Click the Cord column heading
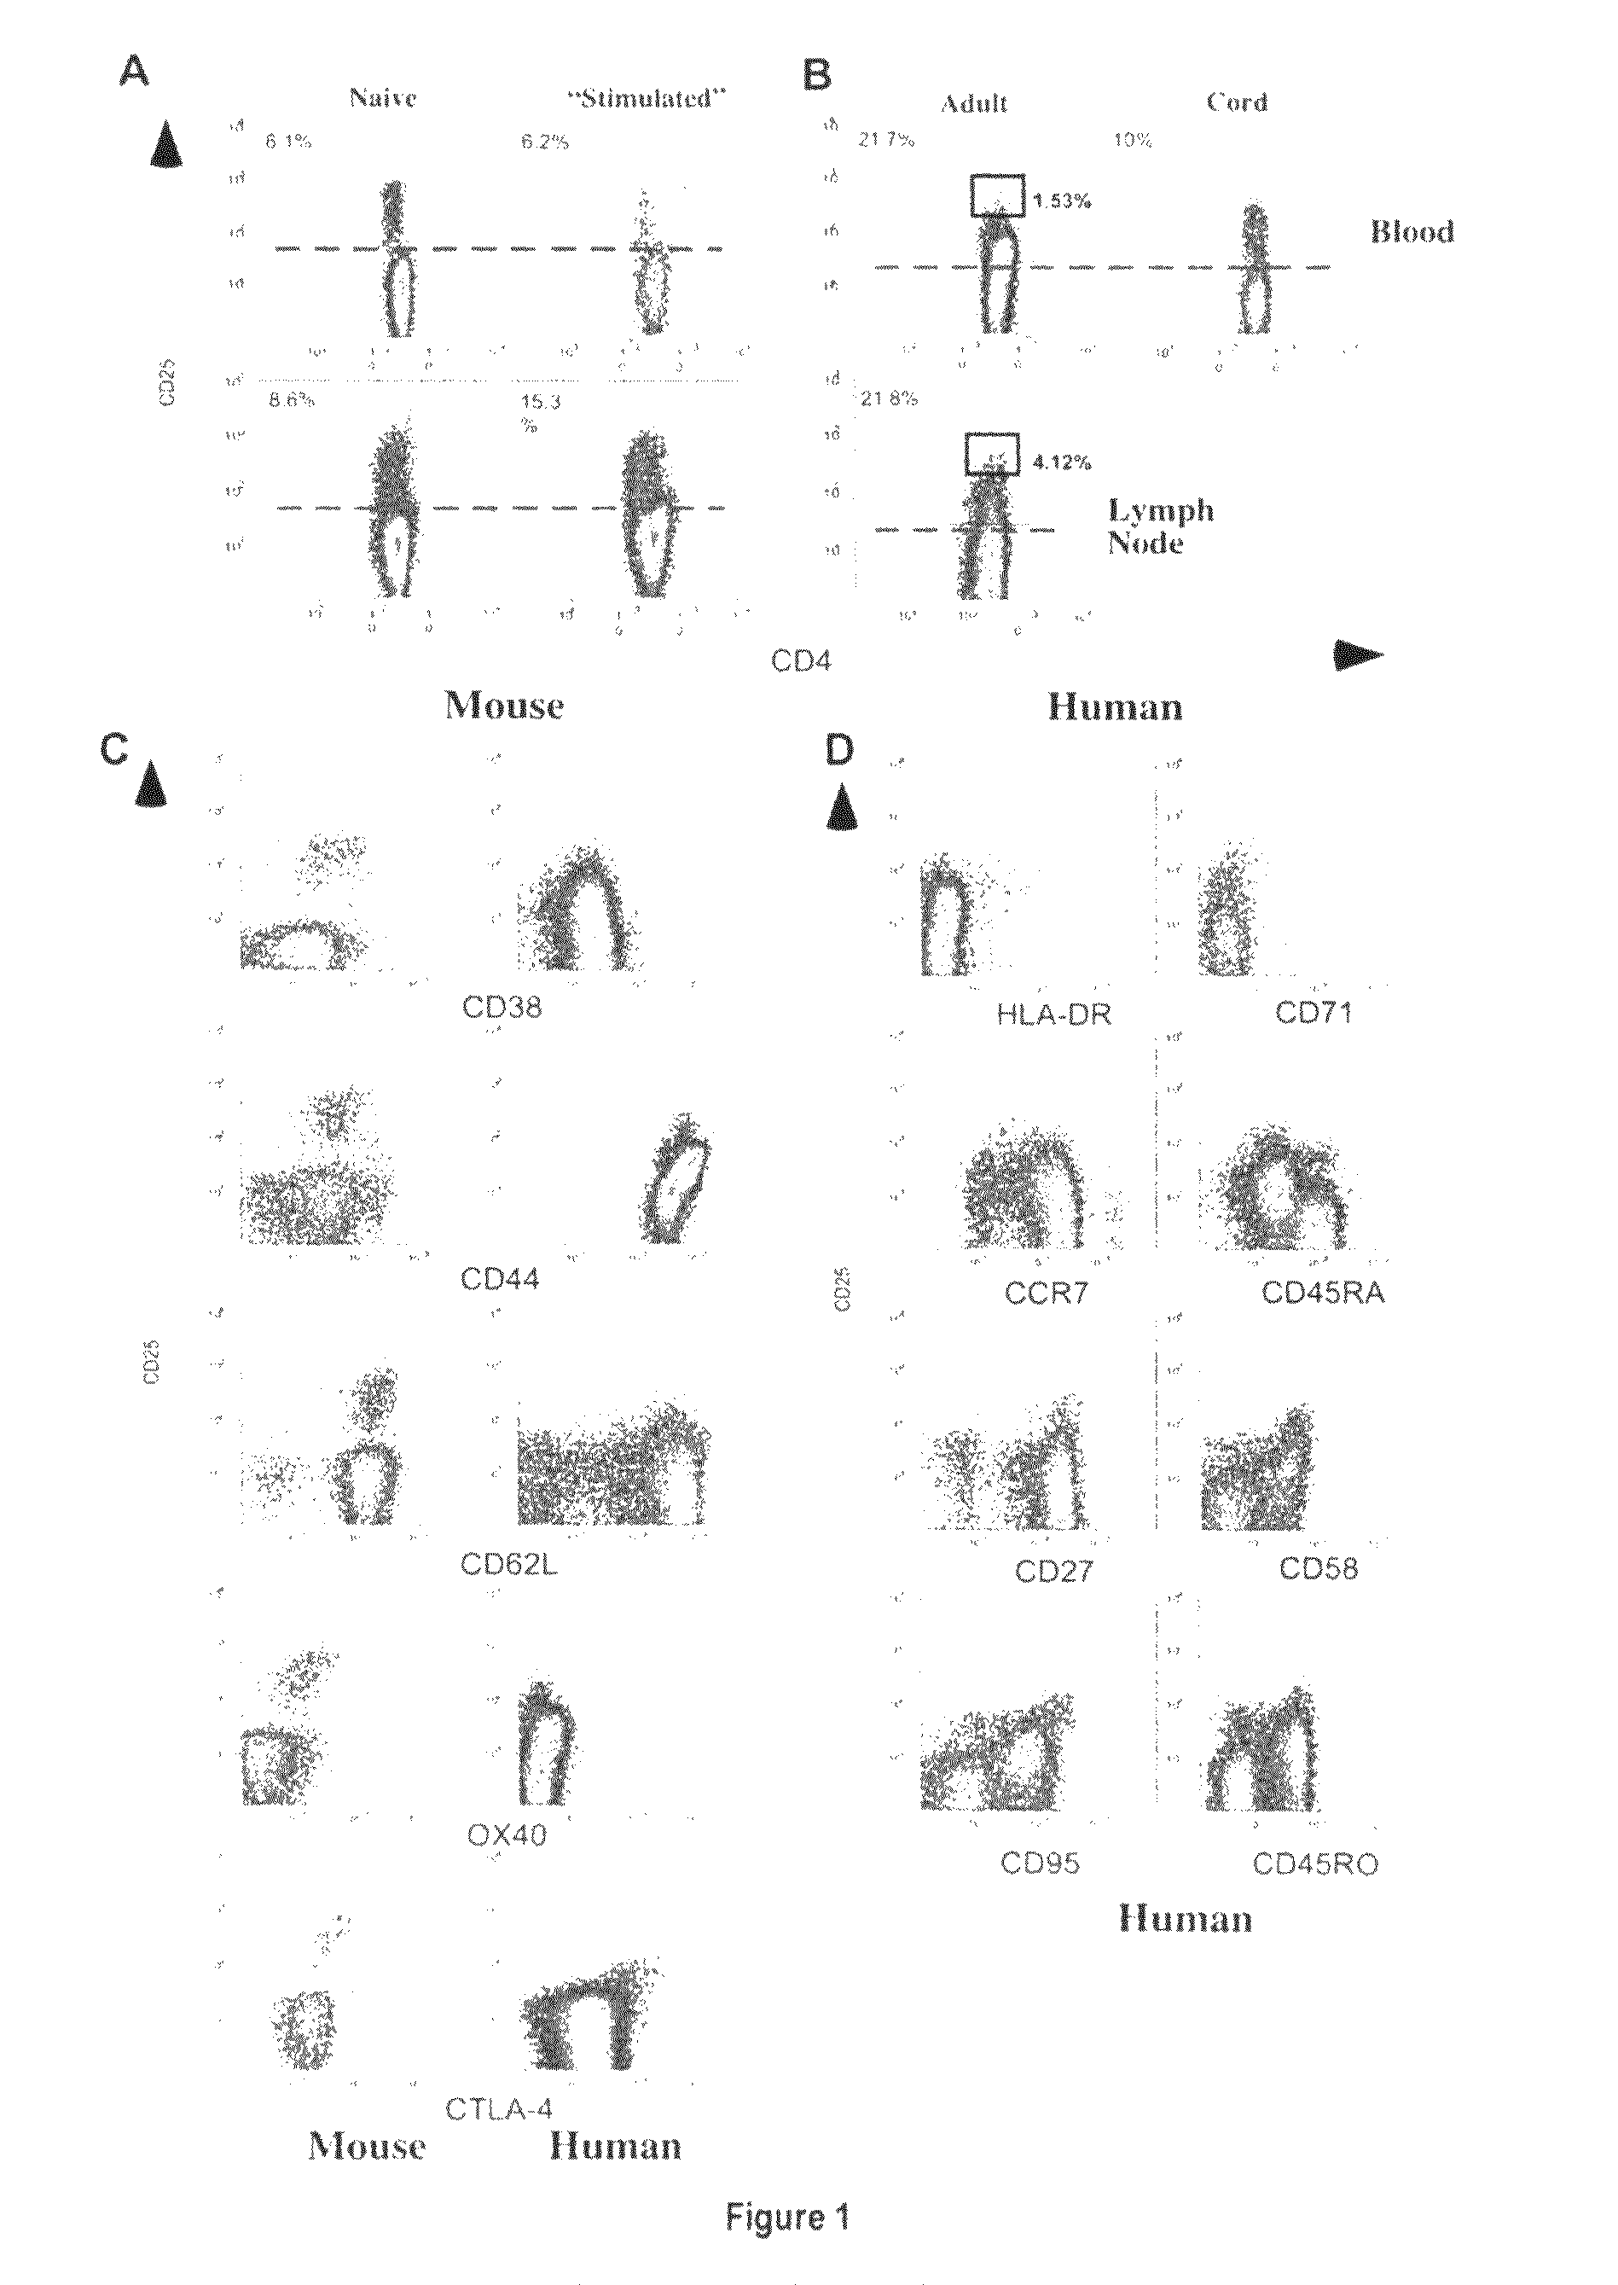1237,102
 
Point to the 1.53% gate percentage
1061,201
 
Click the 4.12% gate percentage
1061,462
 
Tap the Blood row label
1412,232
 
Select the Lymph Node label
1161,527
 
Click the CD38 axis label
502,1008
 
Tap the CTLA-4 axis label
499,2108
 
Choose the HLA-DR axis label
1053,1015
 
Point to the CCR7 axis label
1047,1294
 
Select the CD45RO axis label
1315,1864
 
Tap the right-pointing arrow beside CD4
1358,653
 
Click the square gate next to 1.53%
997,195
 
